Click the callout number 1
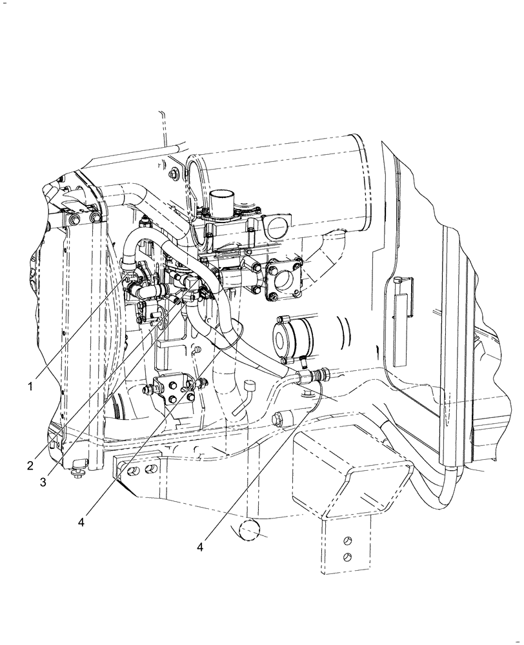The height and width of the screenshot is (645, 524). point(30,386)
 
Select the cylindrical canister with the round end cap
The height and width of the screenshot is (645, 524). point(294,337)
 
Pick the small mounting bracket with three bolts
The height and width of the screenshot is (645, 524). point(174,392)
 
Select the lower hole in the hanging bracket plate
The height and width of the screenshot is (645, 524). point(348,557)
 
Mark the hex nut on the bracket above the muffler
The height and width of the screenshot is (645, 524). point(176,174)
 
